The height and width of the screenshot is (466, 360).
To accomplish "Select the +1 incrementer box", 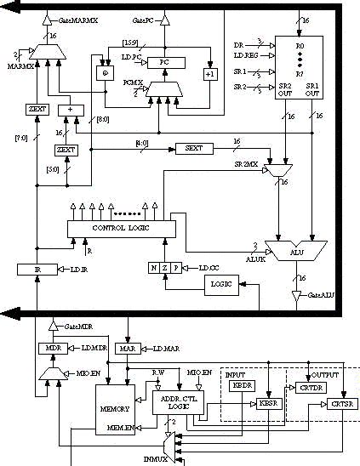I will [209, 74].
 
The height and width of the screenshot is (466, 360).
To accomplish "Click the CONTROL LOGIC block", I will [122, 228].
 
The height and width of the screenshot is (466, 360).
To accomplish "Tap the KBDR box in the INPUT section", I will [241, 386].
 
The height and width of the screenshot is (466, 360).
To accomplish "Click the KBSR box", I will [269, 402].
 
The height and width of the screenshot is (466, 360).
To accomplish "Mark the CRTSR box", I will [339, 402].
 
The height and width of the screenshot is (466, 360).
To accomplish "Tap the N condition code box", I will [153, 269].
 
